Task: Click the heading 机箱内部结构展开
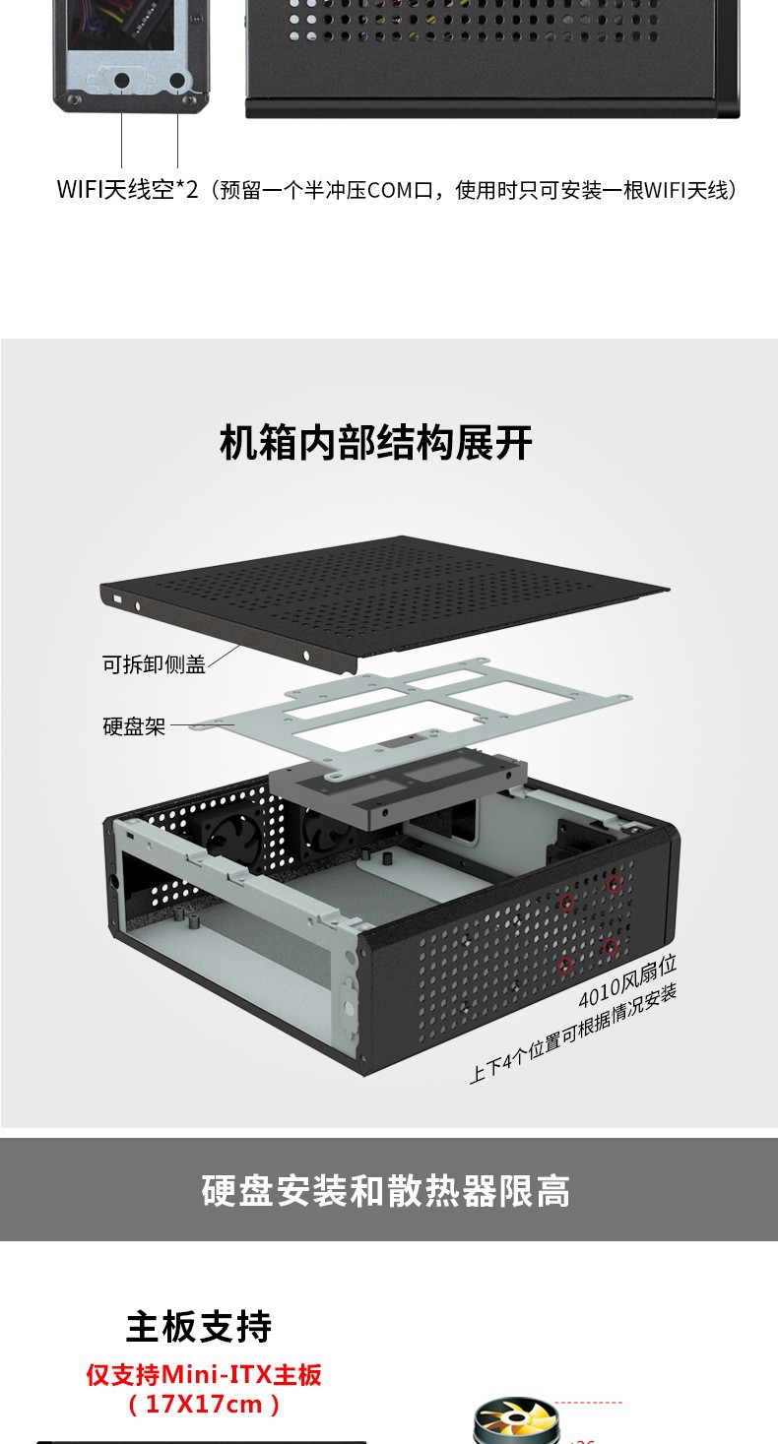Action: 375,443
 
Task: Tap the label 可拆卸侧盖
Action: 154,664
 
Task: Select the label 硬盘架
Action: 134,727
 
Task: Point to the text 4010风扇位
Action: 626,980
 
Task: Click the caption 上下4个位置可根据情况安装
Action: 573,1034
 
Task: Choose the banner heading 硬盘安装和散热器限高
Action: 386,1191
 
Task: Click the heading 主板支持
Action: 199,1327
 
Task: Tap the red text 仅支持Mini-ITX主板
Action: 204,1374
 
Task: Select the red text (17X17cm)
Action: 204,1405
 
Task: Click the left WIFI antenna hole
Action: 122,81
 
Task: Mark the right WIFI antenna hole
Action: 177,81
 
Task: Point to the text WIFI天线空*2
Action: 127,190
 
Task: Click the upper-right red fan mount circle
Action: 615,885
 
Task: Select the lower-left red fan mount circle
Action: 566,965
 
